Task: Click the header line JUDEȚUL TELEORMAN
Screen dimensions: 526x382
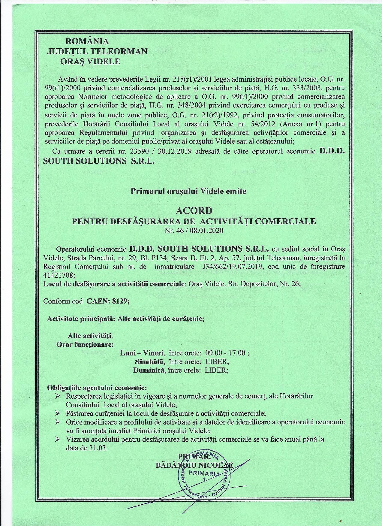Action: click(97, 51)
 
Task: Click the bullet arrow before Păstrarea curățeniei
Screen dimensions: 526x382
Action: click(58, 413)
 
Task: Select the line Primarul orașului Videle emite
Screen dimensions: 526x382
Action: click(188, 191)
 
